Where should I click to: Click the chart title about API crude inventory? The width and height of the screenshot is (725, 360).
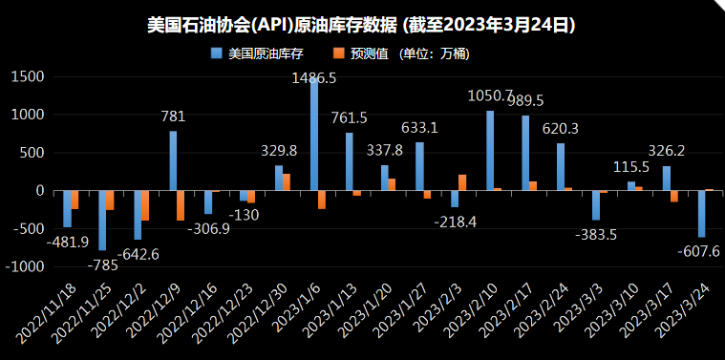point(362,22)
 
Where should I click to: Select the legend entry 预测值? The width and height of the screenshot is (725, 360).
point(376,53)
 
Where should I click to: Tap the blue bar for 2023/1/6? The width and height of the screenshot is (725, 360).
point(314,134)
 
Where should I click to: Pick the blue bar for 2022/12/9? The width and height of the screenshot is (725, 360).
point(173,160)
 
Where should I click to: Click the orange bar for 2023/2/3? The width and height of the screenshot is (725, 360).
point(462,182)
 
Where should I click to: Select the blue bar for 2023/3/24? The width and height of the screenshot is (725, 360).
point(701,214)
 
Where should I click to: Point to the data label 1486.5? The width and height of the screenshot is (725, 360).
point(314,79)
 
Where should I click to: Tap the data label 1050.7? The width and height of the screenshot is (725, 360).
point(491,96)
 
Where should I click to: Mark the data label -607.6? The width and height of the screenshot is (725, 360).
point(699,251)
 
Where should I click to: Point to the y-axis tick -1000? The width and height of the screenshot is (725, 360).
point(25,268)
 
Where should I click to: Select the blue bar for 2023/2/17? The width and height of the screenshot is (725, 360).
point(525,153)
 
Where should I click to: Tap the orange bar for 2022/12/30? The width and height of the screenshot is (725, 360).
point(287,181)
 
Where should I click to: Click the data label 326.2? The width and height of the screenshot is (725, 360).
point(666,151)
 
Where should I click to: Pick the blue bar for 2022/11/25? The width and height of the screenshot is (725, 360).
point(102,221)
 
